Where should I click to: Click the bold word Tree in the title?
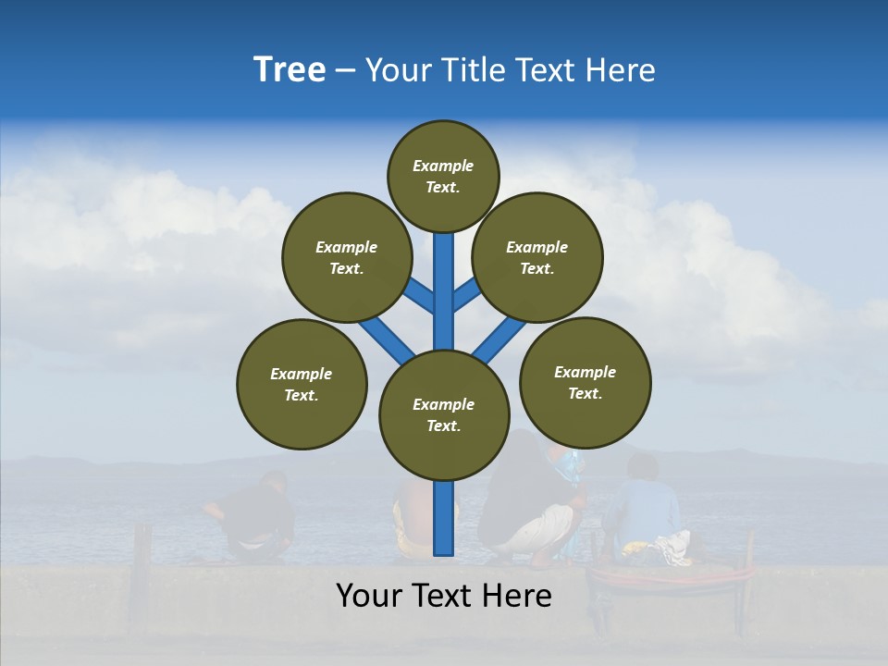point(290,70)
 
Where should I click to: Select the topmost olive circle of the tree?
point(443,176)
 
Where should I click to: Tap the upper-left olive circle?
point(347,257)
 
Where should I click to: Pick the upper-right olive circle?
point(537,257)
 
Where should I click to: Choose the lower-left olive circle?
point(302,384)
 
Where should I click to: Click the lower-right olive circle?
point(585,382)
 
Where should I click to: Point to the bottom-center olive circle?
point(444,414)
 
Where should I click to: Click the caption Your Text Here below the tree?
point(444,596)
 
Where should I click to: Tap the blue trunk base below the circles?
point(445,518)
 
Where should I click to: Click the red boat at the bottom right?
point(671,578)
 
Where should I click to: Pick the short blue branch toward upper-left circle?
point(421,296)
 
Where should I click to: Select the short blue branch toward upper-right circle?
point(466,294)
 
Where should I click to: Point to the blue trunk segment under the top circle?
point(444,277)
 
